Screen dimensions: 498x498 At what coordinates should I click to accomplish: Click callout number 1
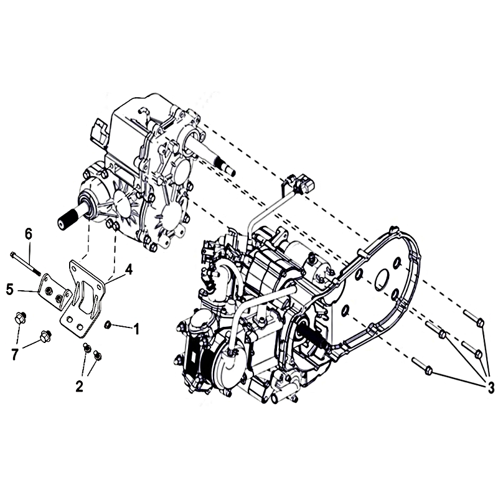136,329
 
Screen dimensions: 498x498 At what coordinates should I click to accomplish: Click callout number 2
80,386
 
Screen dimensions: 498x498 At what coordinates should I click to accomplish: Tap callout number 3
491,387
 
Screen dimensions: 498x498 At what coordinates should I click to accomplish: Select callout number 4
128,270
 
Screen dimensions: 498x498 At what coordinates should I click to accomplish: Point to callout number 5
10,289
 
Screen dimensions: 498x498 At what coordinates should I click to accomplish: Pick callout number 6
29,235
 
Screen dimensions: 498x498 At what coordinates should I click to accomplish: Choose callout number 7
14,354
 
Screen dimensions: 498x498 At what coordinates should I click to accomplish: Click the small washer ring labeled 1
108,324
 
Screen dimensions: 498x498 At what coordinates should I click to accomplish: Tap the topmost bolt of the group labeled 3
474,318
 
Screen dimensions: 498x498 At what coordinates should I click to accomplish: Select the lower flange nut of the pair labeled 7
45,336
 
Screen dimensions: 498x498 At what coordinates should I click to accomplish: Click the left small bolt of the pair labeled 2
86,347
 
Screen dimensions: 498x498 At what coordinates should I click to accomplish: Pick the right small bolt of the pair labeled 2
98,355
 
